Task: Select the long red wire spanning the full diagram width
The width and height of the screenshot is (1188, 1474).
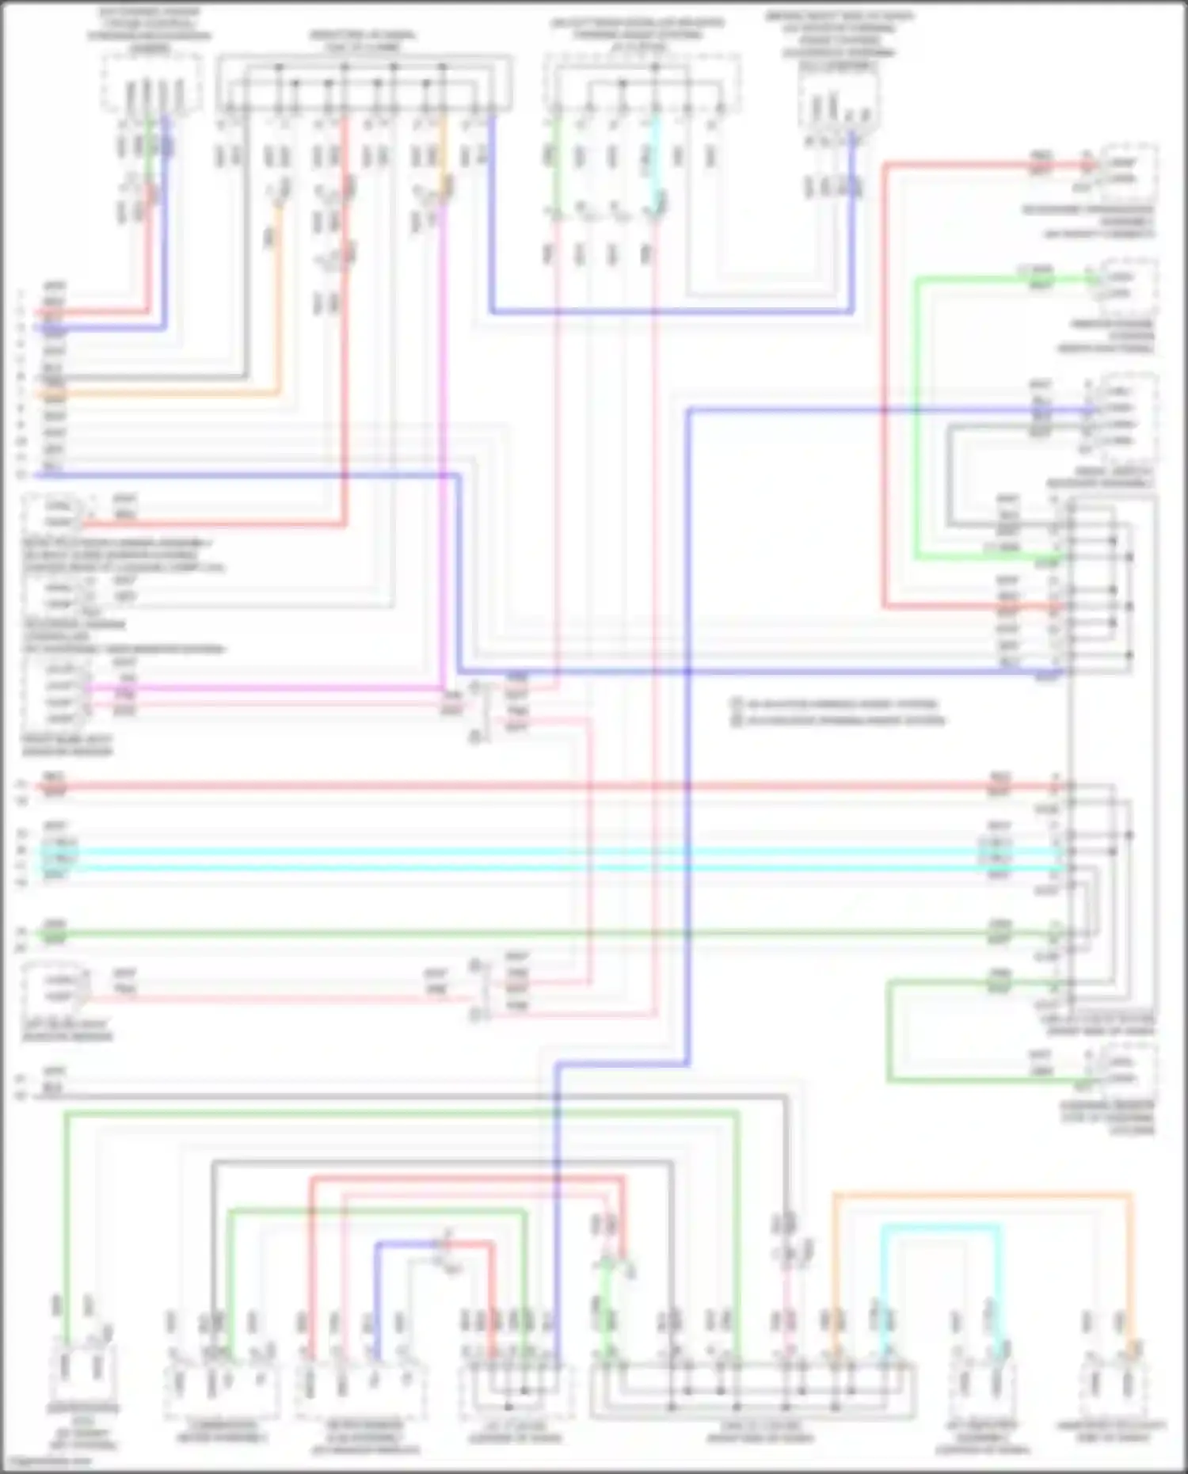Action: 554,787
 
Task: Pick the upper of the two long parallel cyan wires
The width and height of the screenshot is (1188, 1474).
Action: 554,851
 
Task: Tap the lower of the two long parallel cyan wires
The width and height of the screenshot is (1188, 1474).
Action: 554,868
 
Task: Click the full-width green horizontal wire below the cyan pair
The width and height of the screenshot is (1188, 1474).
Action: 554,935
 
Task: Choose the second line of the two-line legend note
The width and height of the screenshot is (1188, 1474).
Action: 840,721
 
